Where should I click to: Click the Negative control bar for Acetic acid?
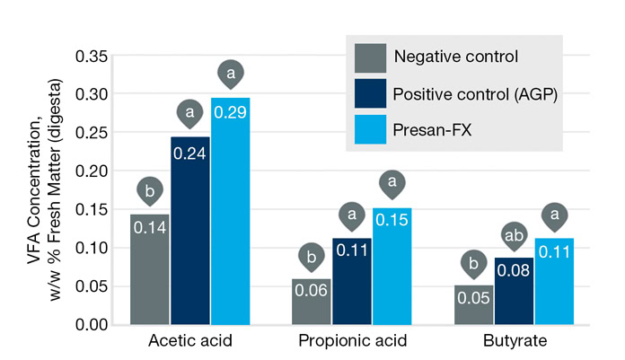pyautogui.click(x=150, y=269)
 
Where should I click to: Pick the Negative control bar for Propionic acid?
pyautogui.click(x=312, y=302)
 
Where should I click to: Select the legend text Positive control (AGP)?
pyautogui.click(x=476, y=93)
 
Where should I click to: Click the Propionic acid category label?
pyautogui.click(x=352, y=341)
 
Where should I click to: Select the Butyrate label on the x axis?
pyautogui.click(x=513, y=341)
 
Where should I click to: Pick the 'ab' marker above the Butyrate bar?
pyautogui.click(x=513, y=236)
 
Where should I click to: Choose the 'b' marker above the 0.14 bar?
pyautogui.click(x=150, y=191)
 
